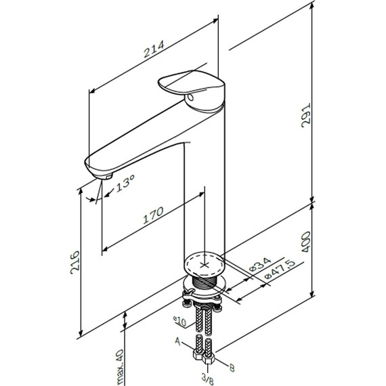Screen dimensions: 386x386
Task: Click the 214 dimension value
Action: [154, 49]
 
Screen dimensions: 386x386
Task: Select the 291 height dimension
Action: [306, 115]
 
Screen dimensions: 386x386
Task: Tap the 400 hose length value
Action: [306, 242]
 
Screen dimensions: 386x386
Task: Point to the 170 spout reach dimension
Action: [153, 215]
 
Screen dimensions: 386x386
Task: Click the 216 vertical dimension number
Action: [75, 263]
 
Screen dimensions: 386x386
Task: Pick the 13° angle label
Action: [125, 183]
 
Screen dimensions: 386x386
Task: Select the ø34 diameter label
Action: [260, 264]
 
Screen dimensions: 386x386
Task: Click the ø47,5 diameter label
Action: [280, 270]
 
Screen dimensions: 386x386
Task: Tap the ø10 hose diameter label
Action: [179, 322]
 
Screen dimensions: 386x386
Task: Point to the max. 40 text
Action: [121, 367]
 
